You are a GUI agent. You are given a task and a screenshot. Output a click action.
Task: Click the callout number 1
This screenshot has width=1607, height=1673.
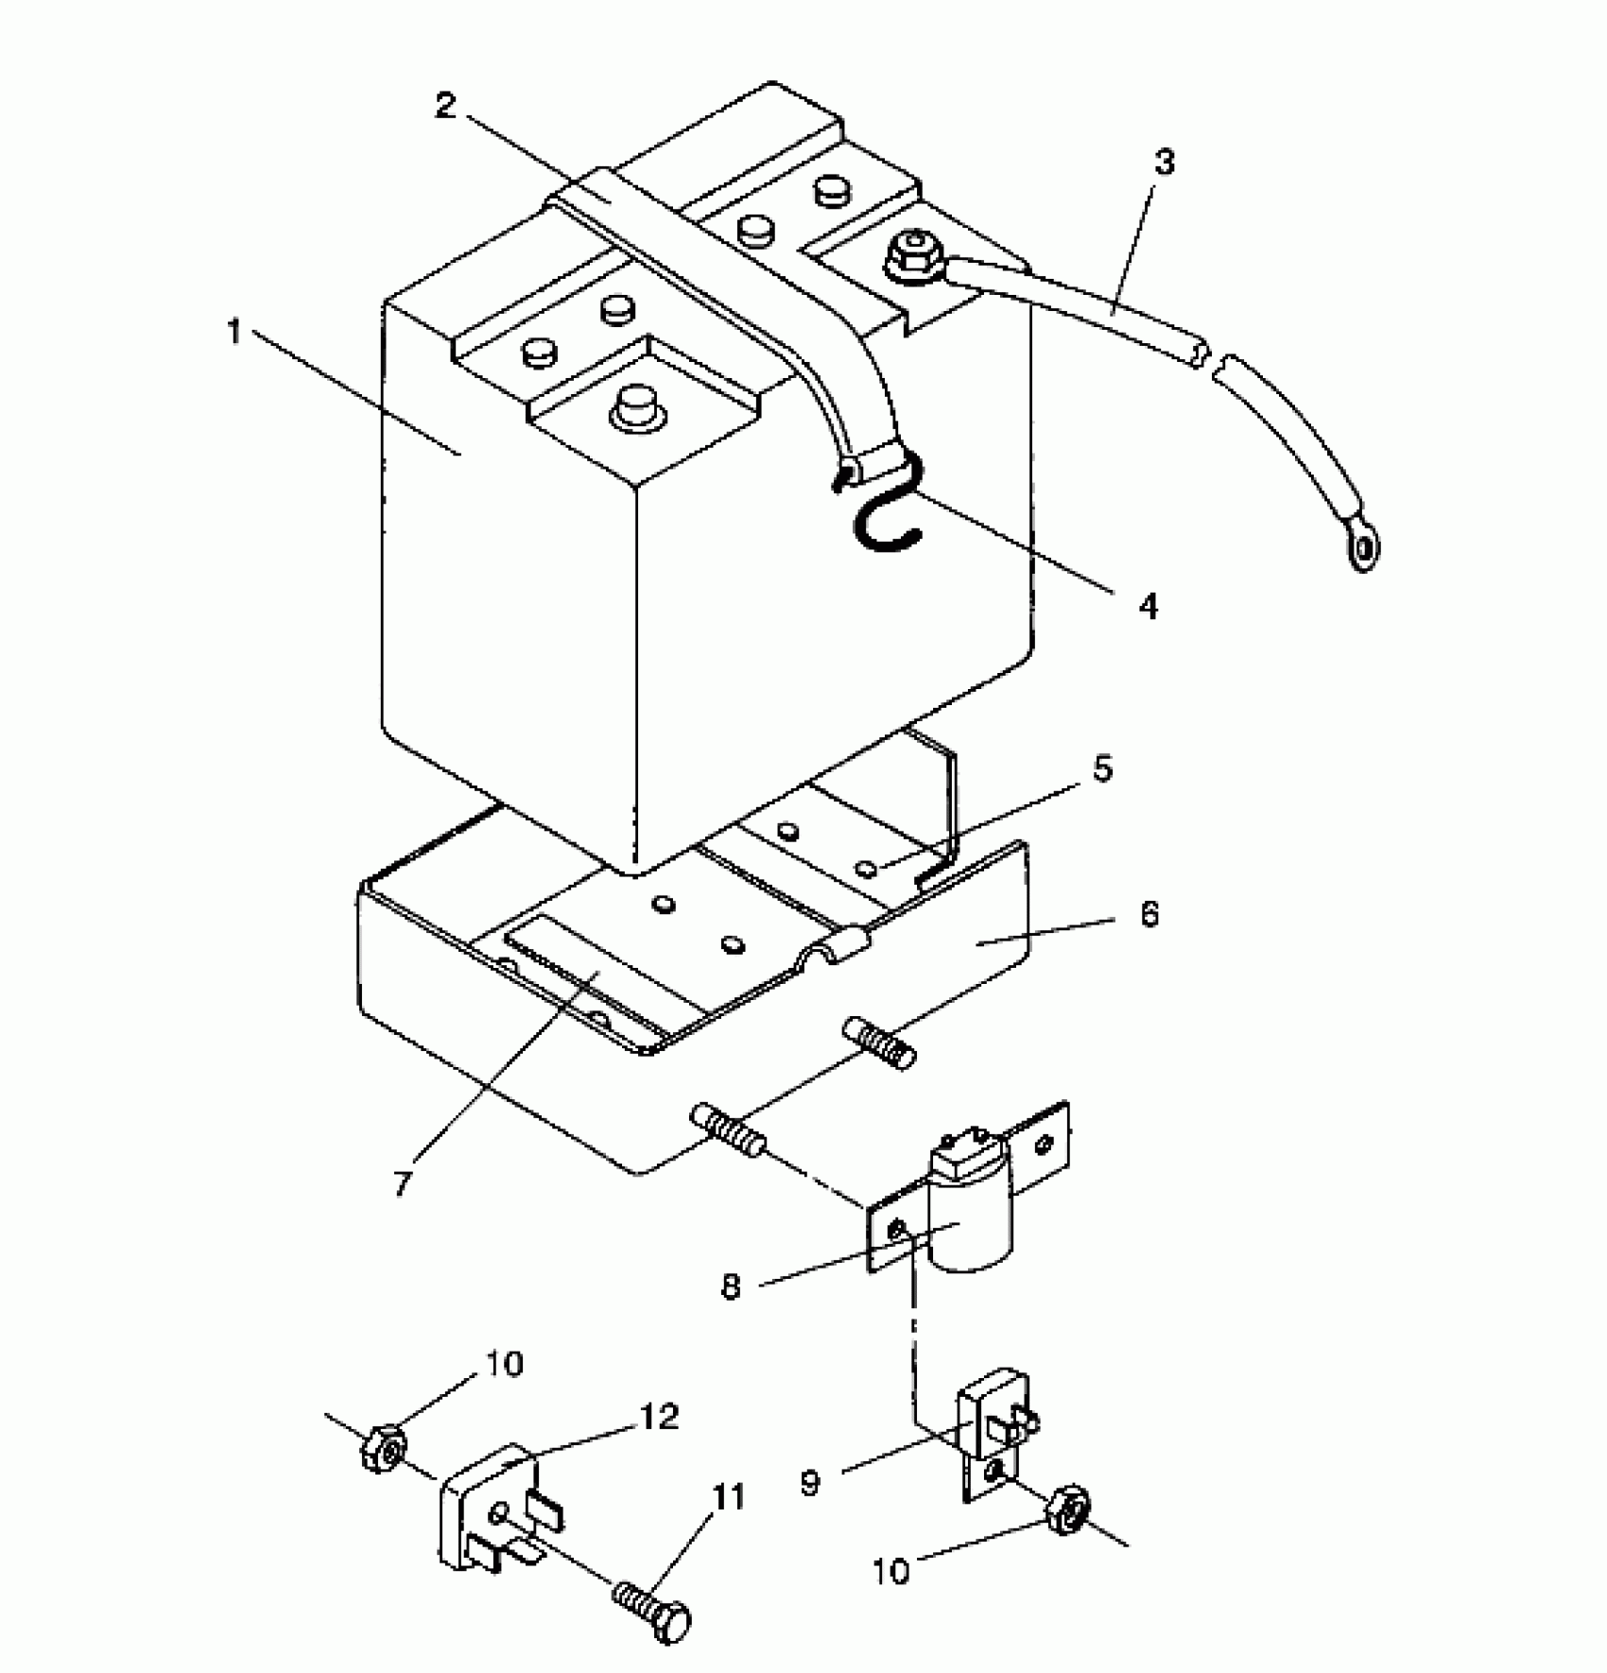click(234, 333)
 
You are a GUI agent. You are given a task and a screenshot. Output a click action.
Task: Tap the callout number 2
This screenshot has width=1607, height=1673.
click(446, 104)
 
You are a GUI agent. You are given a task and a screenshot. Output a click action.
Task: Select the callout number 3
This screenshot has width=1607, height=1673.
click(1165, 163)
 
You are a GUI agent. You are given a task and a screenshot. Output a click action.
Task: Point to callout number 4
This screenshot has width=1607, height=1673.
click(1148, 606)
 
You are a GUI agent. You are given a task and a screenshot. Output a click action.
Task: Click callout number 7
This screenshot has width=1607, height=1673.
click(402, 1182)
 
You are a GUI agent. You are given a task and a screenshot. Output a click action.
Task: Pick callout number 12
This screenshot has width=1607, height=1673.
click(660, 1417)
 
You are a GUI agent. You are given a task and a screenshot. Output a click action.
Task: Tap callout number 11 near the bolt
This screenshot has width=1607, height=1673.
click(729, 1498)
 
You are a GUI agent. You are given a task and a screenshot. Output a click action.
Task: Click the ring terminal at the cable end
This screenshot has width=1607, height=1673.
click(1362, 549)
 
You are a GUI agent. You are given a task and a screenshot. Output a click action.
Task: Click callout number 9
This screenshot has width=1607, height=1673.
click(809, 1483)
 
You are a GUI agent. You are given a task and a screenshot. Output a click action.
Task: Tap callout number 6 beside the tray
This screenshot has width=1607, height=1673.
click(1149, 914)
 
